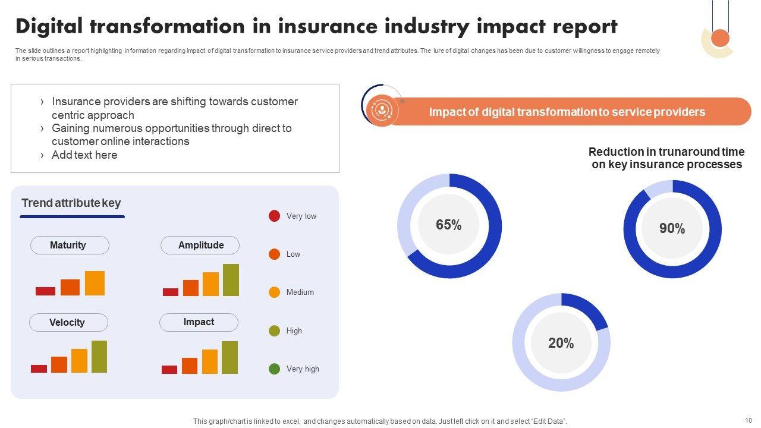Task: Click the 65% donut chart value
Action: pyautogui.click(x=448, y=225)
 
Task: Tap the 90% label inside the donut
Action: pyautogui.click(x=672, y=229)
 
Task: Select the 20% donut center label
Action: pyautogui.click(x=561, y=343)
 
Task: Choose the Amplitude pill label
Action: pyautogui.click(x=200, y=245)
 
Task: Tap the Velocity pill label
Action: pyautogui.click(x=68, y=322)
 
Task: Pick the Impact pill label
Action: pyautogui.click(x=199, y=322)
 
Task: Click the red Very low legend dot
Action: pyautogui.click(x=274, y=216)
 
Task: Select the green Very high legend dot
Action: pyautogui.click(x=274, y=369)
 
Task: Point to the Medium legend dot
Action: pyautogui.click(x=274, y=292)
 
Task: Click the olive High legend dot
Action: pyautogui.click(x=274, y=331)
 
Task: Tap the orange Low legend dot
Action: pyautogui.click(x=274, y=254)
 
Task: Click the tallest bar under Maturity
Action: pyautogui.click(x=95, y=283)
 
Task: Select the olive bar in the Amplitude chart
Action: pyautogui.click(x=231, y=280)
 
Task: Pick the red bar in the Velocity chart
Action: pyautogui.click(x=39, y=369)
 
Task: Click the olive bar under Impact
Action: pyautogui.click(x=229, y=357)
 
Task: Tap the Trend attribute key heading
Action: pyautogui.click(x=71, y=203)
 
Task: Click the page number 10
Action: pyautogui.click(x=748, y=420)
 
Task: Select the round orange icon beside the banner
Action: pyautogui.click(x=383, y=110)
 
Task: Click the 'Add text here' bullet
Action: pyautogui.click(x=84, y=155)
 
